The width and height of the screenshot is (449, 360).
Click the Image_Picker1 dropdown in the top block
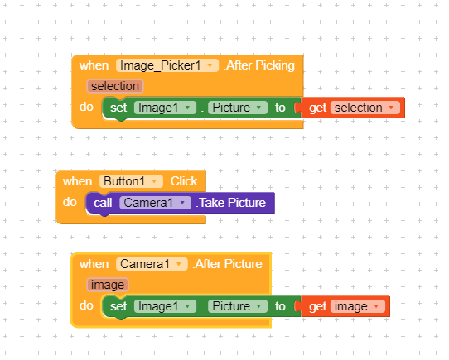pos(167,65)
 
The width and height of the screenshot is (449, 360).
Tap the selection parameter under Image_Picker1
pos(115,86)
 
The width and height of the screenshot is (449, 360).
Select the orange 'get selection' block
pos(353,108)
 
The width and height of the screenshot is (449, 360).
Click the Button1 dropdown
pos(131,181)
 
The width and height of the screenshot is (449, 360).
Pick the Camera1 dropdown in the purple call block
pos(155,203)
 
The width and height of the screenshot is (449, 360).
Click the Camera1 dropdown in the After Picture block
pos(152,264)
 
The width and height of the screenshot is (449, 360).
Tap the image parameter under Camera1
pos(108,285)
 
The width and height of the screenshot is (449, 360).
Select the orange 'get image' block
pos(345,306)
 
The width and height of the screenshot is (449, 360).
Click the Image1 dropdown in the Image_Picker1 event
pos(165,108)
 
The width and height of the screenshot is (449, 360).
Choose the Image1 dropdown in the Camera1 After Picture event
pos(165,306)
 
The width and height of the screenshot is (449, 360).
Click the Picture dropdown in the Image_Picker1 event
pos(238,108)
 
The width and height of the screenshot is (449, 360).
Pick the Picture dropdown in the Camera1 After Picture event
pos(238,306)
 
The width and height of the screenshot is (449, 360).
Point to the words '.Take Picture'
pos(231,203)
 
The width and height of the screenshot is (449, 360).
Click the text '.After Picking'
pos(259,65)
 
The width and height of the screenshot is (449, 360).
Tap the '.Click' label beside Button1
pos(183,181)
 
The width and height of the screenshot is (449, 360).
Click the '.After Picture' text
pos(228,264)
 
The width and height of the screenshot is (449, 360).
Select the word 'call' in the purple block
pos(103,203)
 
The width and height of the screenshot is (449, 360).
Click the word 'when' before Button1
pos(77,181)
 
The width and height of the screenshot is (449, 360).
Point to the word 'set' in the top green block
pos(118,108)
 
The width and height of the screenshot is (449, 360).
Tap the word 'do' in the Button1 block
pos(70,202)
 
